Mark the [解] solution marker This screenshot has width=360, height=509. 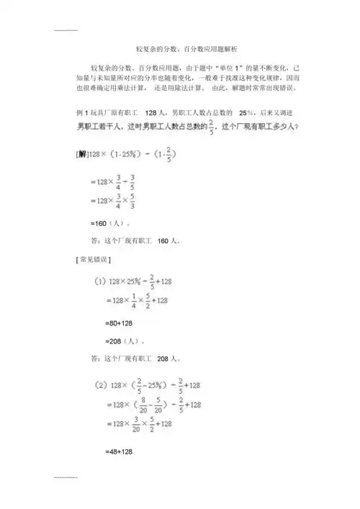coord(81,155)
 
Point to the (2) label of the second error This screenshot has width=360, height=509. coord(99,386)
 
